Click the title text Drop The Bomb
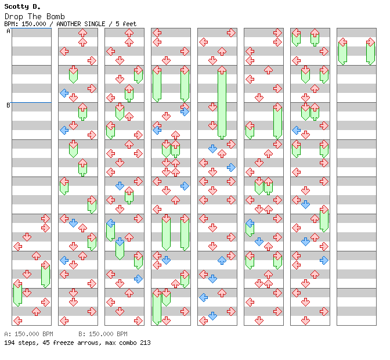[35, 17]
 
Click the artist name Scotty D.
[23, 7]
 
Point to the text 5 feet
[126, 24]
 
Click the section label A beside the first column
[8, 31]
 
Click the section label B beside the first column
[8, 105]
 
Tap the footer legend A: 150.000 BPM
[28, 334]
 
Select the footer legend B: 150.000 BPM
[103, 334]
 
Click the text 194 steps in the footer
[21, 343]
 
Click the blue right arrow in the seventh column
[324, 260]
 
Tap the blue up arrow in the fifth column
[222, 260]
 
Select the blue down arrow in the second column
[73, 223]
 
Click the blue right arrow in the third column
[138, 279]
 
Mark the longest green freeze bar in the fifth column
[222, 103]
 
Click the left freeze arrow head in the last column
[343, 42]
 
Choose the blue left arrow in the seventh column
[296, 130]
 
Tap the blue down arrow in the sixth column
[259, 242]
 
